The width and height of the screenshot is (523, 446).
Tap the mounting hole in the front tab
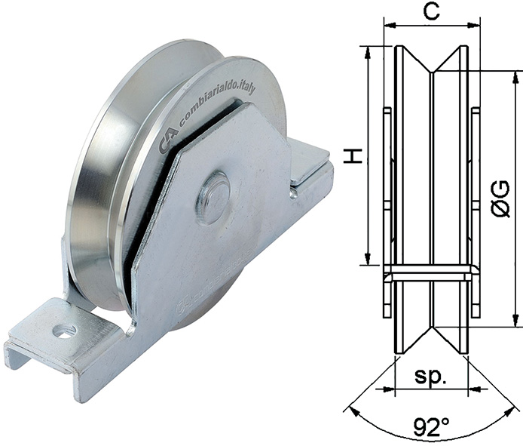(63, 331)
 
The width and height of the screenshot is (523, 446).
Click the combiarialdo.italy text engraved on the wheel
(218, 105)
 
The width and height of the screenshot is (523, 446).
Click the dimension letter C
(431, 11)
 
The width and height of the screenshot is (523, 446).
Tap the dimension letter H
(353, 156)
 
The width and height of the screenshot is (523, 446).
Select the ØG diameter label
(500, 199)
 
